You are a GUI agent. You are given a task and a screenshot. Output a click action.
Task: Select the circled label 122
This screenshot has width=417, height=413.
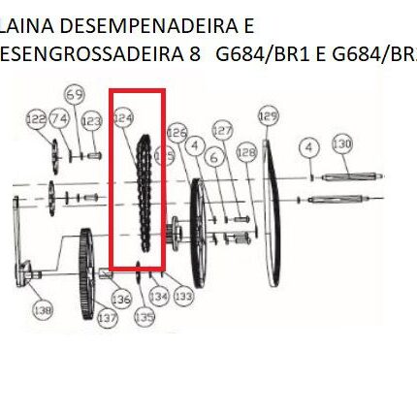tap(37, 117)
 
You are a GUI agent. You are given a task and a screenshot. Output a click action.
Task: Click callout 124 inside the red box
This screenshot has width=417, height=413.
tap(122, 117)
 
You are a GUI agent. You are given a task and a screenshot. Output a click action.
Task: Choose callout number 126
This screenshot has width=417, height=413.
tap(177, 131)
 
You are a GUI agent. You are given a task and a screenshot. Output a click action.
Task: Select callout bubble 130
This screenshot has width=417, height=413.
tap(342, 146)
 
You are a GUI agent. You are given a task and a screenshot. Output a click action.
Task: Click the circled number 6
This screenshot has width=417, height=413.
tap(309, 147)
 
